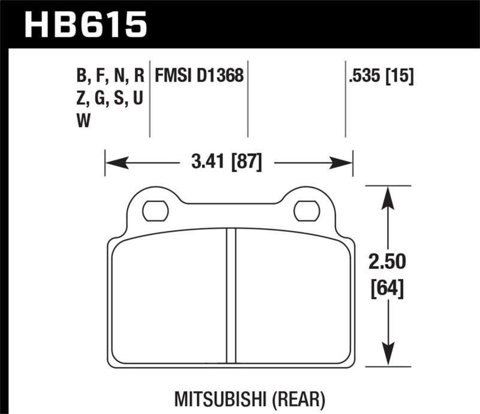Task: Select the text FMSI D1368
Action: click(199, 75)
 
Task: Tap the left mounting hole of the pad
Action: click(155, 210)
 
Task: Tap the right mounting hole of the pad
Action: click(307, 210)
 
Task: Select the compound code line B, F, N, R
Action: click(110, 75)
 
